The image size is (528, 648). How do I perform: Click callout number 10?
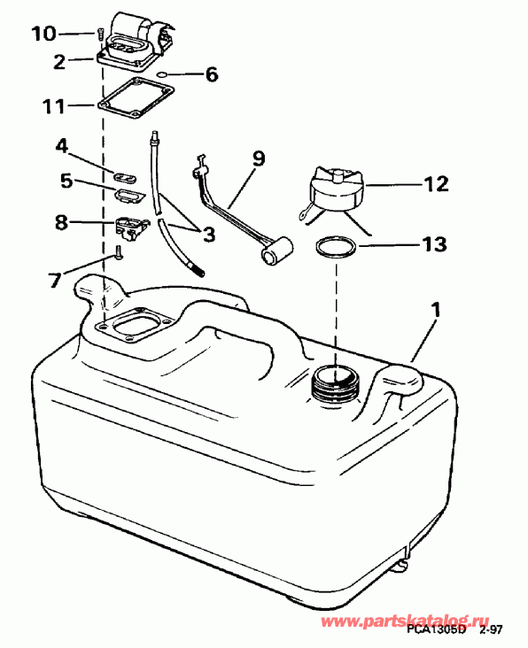(43, 34)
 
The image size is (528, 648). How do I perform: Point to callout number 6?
(212, 75)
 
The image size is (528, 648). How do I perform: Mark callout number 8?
(61, 221)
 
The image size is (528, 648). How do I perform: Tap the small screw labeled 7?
(117, 254)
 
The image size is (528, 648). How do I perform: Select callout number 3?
(208, 235)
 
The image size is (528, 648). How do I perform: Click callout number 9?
(258, 158)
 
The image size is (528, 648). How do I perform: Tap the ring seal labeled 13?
(337, 247)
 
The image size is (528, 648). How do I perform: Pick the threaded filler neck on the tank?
(336, 382)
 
